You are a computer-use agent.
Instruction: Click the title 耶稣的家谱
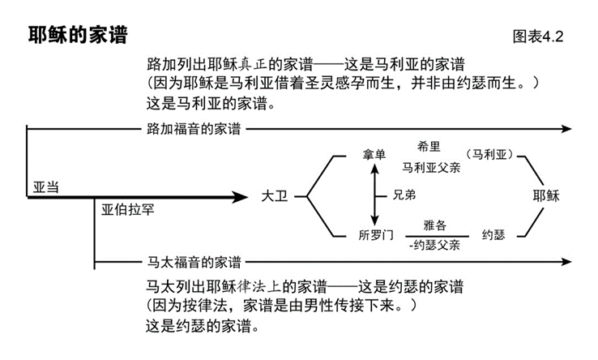tap(77, 36)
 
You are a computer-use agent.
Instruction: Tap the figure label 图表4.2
tap(537, 36)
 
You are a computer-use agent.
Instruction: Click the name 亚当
tap(46, 186)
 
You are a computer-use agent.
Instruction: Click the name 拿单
tap(375, 155)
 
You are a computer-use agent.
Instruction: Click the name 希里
tap(429, 146)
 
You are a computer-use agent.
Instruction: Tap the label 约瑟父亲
tap(434, 244)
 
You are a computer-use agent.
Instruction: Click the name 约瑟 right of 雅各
tap(493, 235)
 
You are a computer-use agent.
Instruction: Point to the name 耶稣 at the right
tap(546, 197)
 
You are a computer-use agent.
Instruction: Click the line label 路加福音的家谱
tap(194, 129)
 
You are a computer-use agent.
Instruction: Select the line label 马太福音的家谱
tap(194, 262)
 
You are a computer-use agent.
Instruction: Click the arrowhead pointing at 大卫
tap(240, 197)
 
